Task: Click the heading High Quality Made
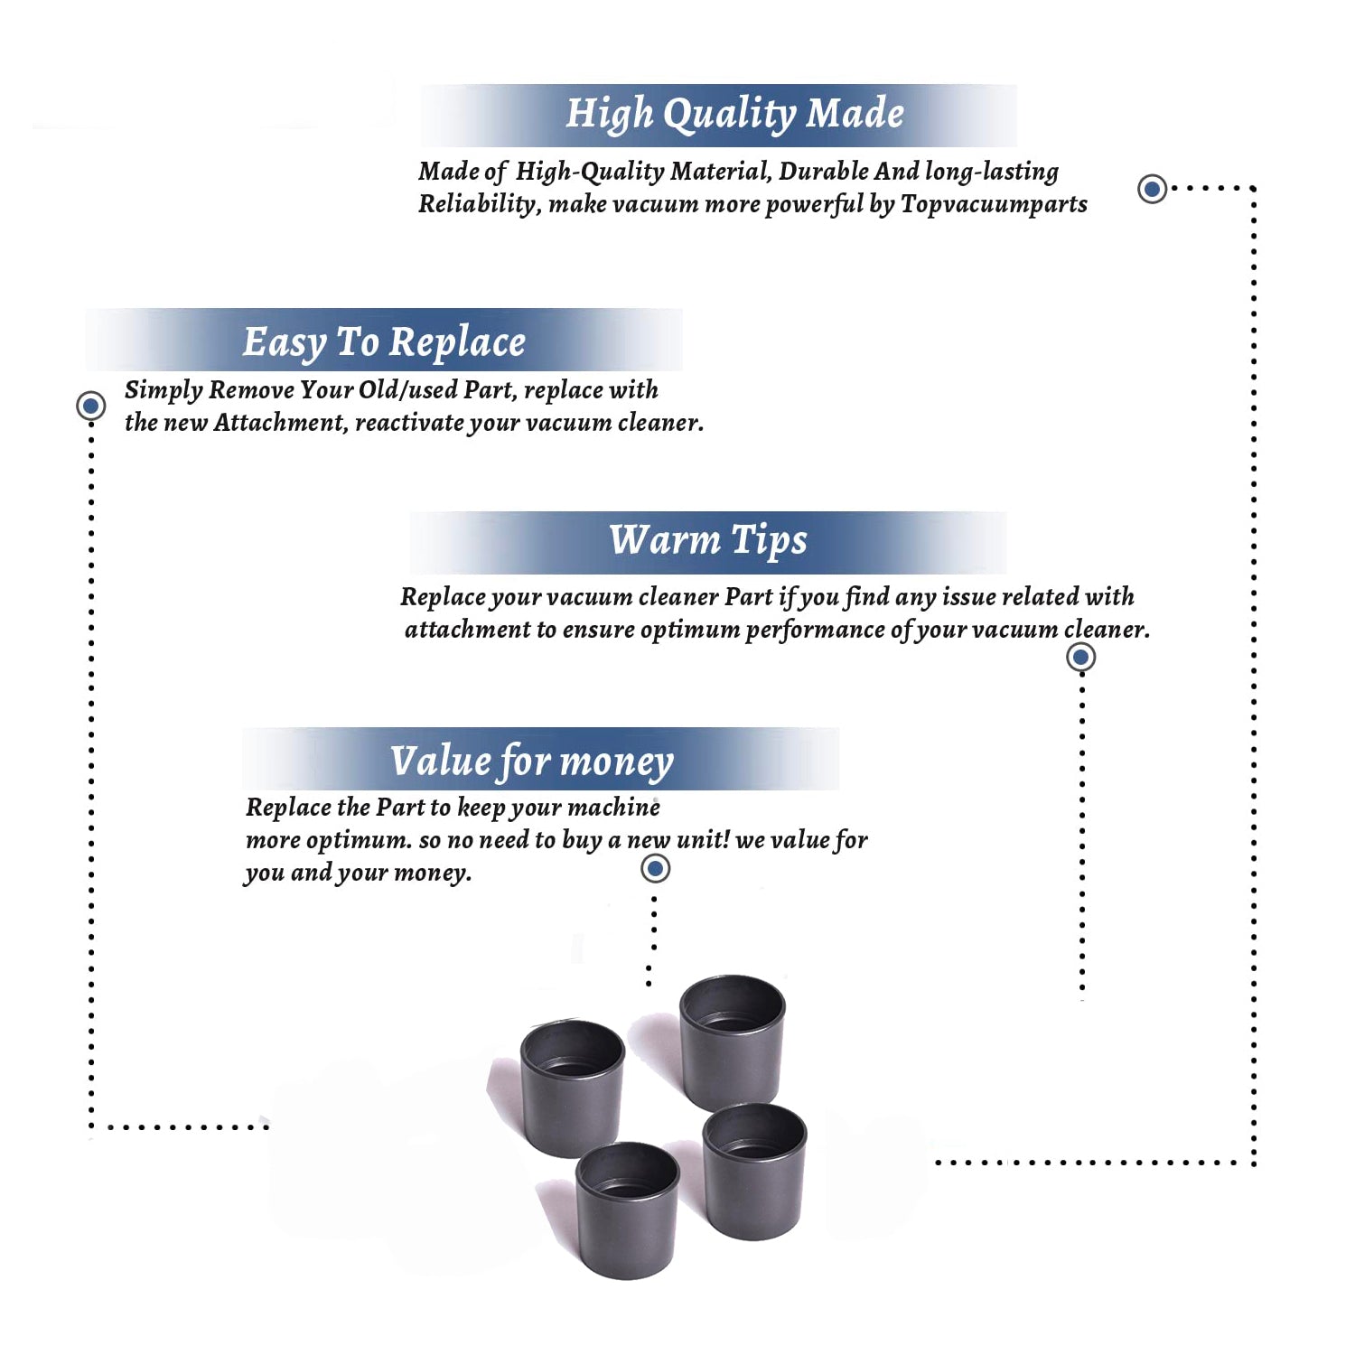click(x=734, y=115)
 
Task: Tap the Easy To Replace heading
click(x=384, y=343)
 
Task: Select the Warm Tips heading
click(x=708, y=541)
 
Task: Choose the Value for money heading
click(x=532, y=762)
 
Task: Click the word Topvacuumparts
click(x=994, y=205)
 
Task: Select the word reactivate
click(x=409, y=424)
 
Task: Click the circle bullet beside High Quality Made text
click(x=1152, y=189)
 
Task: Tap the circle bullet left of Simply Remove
click(x=90, y=406)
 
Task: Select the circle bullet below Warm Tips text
click(x=1081, y=657)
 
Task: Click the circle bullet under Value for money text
click(x=655, y=869)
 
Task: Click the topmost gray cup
click(x=733, y=1042)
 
